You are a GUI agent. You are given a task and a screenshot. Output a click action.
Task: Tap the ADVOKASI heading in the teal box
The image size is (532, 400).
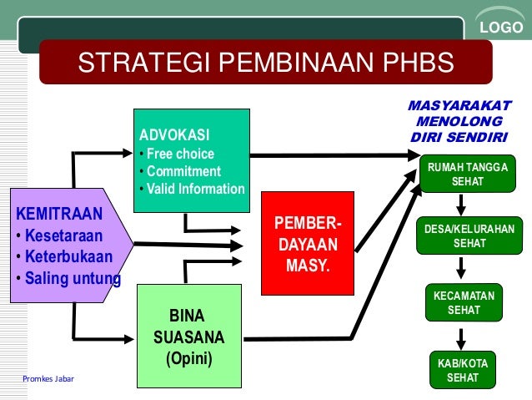pyautogui.click(x=175, y=135)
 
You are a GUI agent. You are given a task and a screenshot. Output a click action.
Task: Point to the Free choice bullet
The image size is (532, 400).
pyautogui.click(x=180, y=154)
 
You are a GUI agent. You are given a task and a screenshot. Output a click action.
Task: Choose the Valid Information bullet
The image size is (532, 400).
pyautogui.click(x=195, y=189)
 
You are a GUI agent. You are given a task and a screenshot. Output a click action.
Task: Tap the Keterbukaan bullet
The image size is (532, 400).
pyautogui.click(x=68, y=255)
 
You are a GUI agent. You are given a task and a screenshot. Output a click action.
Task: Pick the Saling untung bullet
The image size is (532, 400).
pyautogui.click(x=72, y=277)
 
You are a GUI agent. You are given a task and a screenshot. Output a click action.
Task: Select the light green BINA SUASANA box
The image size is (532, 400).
pyautogui.click(x=188, y=336)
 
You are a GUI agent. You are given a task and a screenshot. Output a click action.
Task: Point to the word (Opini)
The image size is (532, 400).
pyautogui.click(x=188, y=360)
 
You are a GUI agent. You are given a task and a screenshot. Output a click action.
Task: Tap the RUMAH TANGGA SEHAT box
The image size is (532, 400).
pyautogui.click(x=467, y=175)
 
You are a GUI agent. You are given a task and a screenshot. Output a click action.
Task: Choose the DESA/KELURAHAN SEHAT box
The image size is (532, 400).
pyautogui.click(x=469, y=236)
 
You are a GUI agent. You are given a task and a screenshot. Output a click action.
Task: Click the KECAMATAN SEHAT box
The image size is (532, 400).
pyautogui.click(x=464, y=302)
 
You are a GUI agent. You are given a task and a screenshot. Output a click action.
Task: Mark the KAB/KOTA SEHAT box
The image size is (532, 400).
pyautogui.click(x=463, y=370)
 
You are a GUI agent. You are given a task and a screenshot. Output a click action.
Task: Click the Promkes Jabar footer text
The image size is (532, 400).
pyautogui.click(x=48, y=379)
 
